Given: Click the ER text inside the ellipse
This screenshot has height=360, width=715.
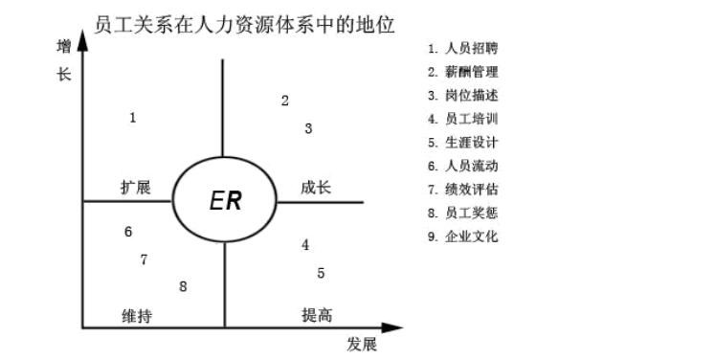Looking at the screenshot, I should (x=225, y=201).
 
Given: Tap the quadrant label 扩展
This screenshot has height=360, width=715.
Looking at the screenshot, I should (x=135, y=188).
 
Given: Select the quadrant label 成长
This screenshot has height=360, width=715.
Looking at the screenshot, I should (x=316, y=188).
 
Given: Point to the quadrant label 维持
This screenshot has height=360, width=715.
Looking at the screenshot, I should (x=136, y=315).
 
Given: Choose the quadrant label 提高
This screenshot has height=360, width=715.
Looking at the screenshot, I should (x=317, y=315).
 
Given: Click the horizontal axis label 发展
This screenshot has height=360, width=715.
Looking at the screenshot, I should (x=363, y=343).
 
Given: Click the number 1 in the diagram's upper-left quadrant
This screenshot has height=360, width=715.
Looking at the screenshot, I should (x=132, y=118).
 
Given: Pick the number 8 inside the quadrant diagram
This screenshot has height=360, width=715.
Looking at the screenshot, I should (x=183, y=286).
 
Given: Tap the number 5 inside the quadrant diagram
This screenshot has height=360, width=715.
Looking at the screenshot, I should (x=321, y=273).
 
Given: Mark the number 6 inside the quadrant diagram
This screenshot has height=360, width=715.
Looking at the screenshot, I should (x=128, y=232).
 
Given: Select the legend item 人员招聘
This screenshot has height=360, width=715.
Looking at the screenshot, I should (x=463, y=48).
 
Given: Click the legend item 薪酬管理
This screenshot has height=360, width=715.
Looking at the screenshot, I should (x=463, y=72).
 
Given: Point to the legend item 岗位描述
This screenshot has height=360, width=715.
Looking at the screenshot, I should (x=463, y=96).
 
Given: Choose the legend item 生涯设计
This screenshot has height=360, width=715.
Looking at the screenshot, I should (x=463, y=143).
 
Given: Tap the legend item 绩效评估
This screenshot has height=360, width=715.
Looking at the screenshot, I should (x=463, y=190).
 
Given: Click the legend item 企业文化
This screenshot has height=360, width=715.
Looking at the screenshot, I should (x=463, y=236).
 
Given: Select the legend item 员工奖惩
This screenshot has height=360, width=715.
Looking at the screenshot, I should (x=463, y=213).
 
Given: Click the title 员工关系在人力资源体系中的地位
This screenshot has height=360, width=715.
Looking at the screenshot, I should (x=245, y=21).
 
